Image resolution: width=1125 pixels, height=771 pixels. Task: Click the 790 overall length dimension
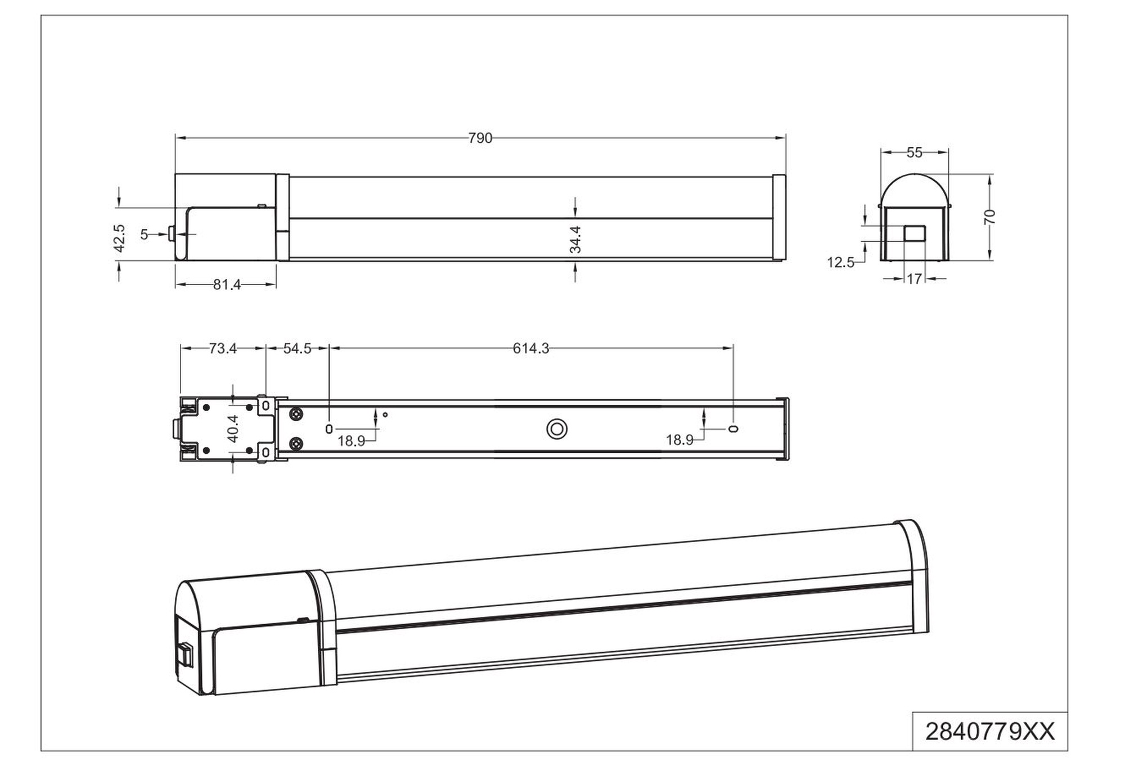480,138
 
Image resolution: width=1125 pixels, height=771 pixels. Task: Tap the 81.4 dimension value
227,285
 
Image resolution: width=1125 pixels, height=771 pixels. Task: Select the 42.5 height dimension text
119,238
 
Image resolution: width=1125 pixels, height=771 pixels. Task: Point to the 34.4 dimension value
575,240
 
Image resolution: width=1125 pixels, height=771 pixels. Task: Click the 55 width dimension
915,152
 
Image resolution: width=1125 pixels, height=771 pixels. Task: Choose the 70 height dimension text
990,217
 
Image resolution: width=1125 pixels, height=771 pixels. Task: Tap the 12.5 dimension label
840,263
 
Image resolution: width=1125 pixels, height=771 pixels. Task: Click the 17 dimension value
915,278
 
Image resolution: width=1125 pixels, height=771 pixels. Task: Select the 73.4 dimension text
223,349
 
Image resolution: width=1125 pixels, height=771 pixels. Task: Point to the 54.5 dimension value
297,349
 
